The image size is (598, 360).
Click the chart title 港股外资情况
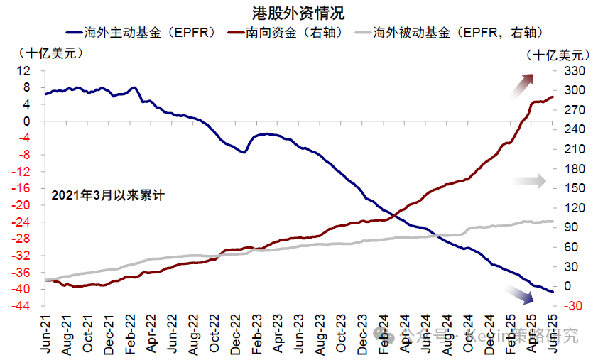298,12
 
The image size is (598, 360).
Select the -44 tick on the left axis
22,307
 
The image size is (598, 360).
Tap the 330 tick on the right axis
573,71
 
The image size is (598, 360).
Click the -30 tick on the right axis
573,306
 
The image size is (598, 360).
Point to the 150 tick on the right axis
573,189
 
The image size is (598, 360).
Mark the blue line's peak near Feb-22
134,87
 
